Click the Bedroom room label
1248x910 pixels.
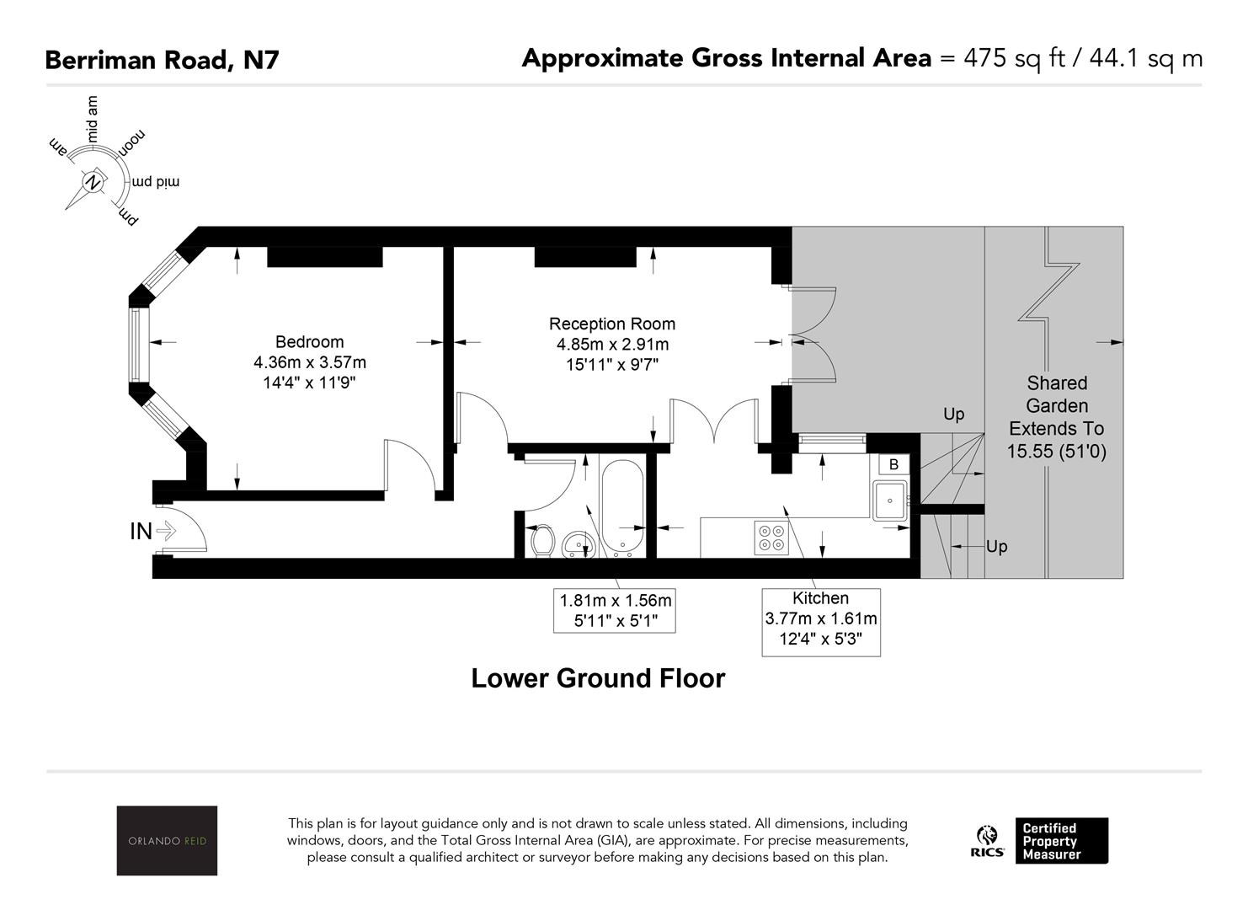[x=309, y=342]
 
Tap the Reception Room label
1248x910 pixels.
[x=611, y=324]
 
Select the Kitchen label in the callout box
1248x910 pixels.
[x=821, y=598]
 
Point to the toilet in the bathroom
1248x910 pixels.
[x=541, y=540]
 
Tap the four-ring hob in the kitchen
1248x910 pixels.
[x=771, y=538]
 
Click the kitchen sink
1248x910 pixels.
[x=890, y=500]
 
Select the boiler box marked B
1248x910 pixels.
[x=893, y=464]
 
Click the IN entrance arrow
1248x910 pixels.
[x=166, y=531]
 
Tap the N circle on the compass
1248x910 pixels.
[x=93, y=182]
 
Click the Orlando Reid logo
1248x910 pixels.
[x=167, y=840]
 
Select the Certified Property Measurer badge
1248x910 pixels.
[x=1062, y=841]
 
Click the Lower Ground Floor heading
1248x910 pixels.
[x=599, y=678]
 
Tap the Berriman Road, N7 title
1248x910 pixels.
[x=162, y=60]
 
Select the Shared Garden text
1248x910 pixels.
[x=1057, y=394]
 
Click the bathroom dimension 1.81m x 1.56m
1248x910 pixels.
[x=615, y=601]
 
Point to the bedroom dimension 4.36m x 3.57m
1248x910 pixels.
[x=310, y=362]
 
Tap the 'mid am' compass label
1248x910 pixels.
[x=92, y=119]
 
